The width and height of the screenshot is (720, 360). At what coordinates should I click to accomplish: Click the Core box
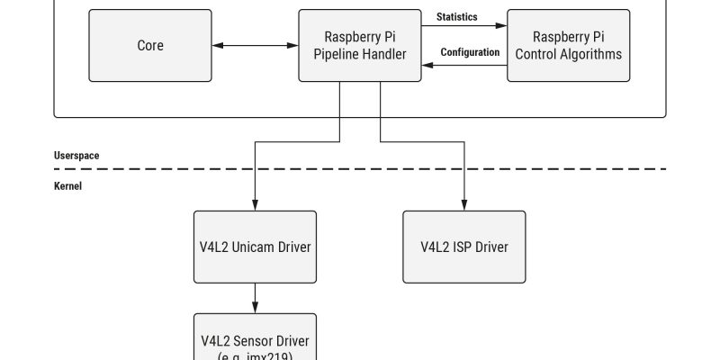click(150, 46)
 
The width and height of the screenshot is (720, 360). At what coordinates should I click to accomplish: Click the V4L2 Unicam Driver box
click(256, 247)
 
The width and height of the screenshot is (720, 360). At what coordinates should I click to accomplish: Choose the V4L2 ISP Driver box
click(463, 247)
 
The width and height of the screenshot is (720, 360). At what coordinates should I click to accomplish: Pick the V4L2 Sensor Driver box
click(256, 339)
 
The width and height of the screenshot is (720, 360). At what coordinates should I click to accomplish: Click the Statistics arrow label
click(456, 17)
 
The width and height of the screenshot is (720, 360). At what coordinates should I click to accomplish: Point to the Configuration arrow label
click(470, 52)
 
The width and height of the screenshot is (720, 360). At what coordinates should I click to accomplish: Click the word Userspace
click(76, 156)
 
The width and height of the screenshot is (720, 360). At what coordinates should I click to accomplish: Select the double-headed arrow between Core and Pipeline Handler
click(256, 45)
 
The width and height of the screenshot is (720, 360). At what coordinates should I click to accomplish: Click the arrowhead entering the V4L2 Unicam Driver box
click(256, 206)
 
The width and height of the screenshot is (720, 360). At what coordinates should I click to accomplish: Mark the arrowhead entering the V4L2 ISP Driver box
click(464, 206)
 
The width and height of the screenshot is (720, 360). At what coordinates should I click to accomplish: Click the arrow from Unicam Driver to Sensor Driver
click(256, 297)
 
